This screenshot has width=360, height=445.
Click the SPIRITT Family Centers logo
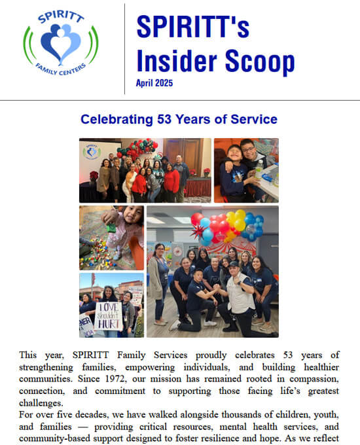61,43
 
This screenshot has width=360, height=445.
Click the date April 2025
154,83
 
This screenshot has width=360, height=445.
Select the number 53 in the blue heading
164,119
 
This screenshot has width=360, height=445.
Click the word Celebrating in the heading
117,120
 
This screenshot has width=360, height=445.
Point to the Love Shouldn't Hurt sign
109,316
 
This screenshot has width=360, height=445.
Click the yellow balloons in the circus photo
236,220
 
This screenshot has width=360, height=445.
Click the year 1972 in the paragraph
115,379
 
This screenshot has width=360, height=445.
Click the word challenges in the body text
41,403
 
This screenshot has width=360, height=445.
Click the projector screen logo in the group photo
92,152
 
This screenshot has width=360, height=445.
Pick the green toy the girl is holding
111,227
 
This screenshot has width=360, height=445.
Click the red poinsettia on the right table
207,171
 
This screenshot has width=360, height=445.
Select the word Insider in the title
177,61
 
